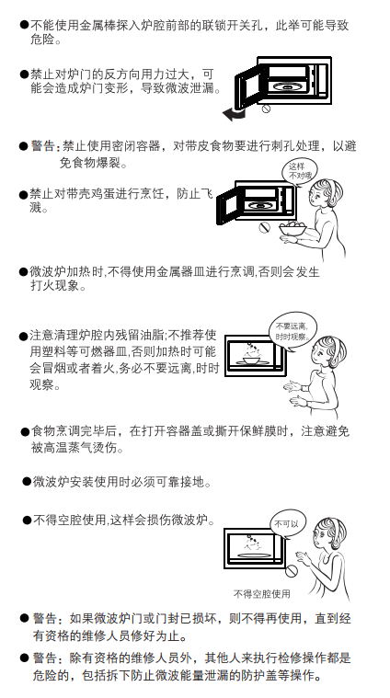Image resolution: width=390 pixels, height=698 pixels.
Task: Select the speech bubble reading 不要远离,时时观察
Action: pos(292,330)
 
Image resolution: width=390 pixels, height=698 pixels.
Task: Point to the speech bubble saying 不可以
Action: pos(287,524)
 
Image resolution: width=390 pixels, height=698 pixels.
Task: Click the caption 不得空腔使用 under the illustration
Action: pos(262,593)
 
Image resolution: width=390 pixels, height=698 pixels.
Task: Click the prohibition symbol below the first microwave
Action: pos(266,109)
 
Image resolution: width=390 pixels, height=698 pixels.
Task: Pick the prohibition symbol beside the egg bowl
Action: pos(265,227)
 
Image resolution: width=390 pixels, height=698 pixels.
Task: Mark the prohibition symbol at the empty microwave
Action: pos(292,570)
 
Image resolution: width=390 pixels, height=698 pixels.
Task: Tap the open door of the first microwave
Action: pos(247,87)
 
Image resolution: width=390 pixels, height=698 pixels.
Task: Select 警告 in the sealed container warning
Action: pos(42,146)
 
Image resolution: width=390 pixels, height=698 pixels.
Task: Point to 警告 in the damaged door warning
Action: pos(44,618)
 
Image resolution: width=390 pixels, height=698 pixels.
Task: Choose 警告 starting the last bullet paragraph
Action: pos(44,658)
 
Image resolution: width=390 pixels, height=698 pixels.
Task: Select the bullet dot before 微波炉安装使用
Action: pos(28,481)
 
